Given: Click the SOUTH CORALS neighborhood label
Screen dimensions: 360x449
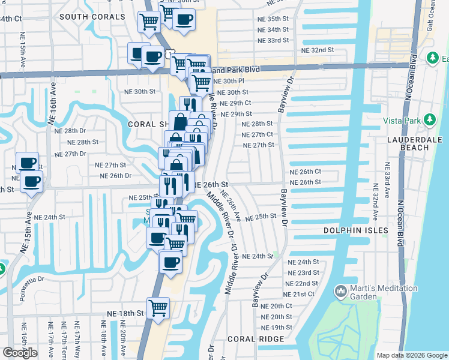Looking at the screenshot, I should pyautogui.click(x=92, y=17).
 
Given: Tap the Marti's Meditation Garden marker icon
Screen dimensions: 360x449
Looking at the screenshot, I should pyautogui.click(x=341, y=292).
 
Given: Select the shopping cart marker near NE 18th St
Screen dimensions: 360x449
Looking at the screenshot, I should pyautogui.click(x=158, y=308).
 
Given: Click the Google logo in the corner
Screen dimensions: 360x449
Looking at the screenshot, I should pyautogui.click(x=20, y=352).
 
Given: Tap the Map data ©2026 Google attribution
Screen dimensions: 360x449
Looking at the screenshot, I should pyautogui.click(x=412, y=355).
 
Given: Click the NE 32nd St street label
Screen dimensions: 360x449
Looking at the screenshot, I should pyautogui.click(x=317, y=50).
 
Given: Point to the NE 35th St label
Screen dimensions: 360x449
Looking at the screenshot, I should pyautogui.click(x=273, y=19).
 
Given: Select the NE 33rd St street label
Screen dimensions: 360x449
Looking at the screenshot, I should pyautogui.click(x=273, y=40).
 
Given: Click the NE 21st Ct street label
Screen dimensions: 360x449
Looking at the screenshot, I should pyautogui.click(x=299, y=294).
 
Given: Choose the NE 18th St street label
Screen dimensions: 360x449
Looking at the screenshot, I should pyautogui.click(x=125, y=313).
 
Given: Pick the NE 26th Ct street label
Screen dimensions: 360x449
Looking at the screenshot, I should pyautogui.click(x=306, y=172).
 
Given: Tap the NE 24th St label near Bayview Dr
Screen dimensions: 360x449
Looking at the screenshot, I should pyautogui.click(x=303, y=262).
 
